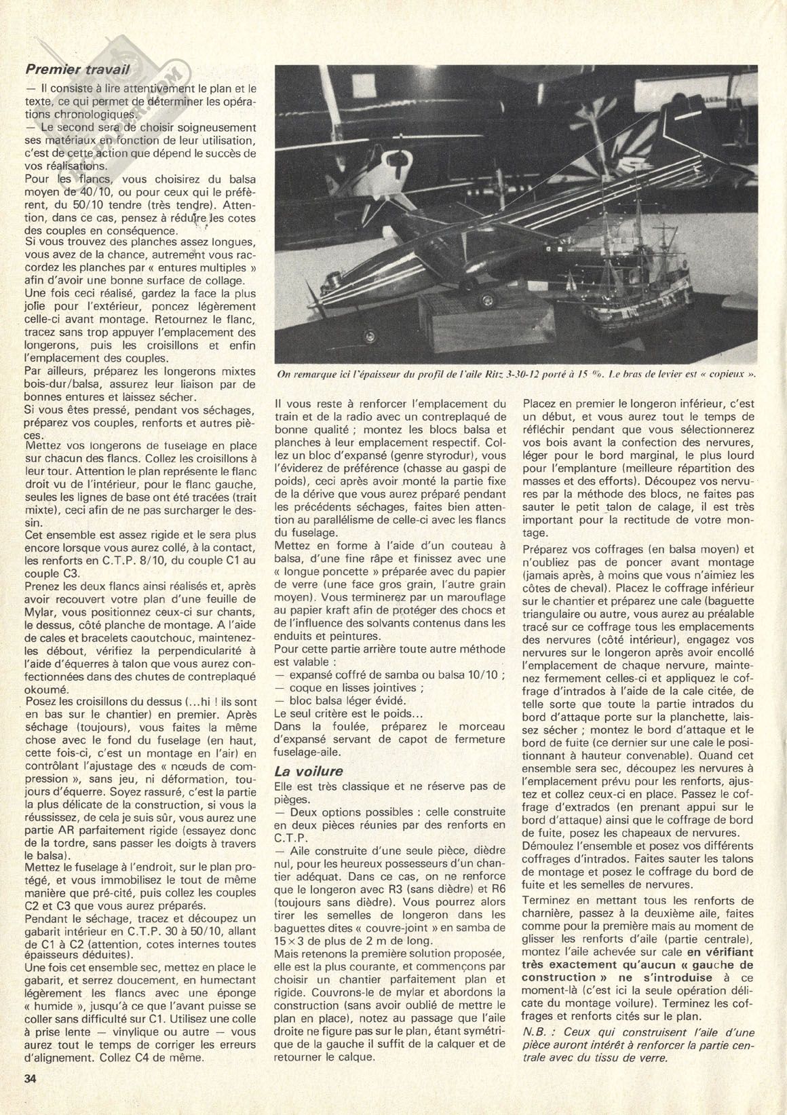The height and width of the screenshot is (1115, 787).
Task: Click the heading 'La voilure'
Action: (308, 771)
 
